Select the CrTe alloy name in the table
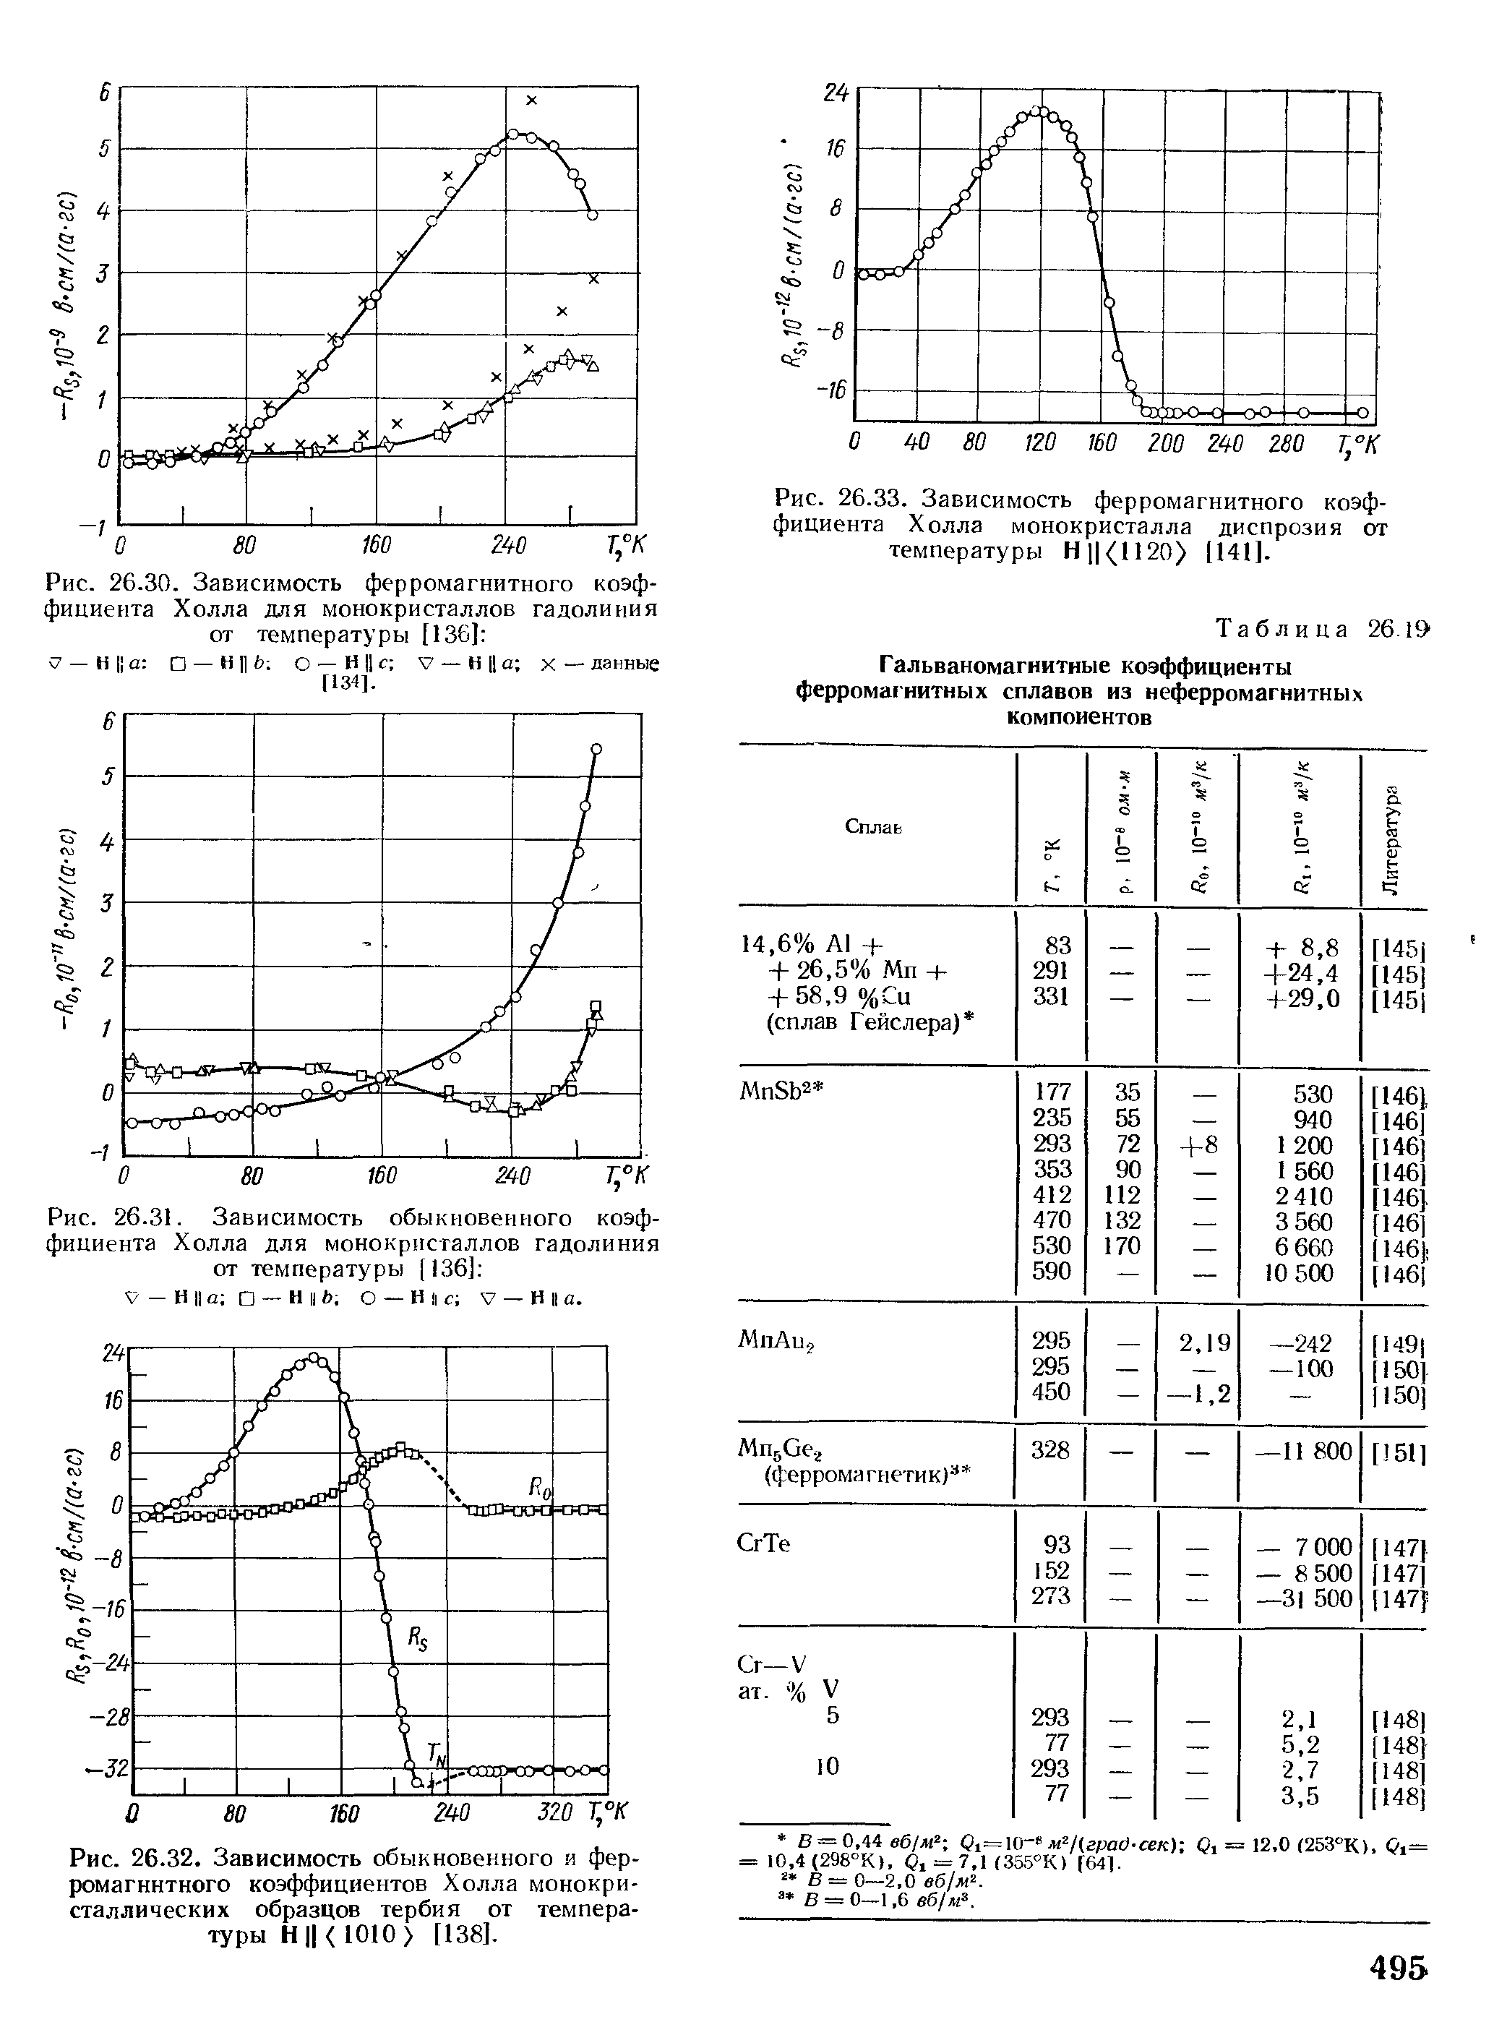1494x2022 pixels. pyautogui.click(x=764, y=1543)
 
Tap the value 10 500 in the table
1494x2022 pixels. pyautogui.click(x=1299, y=1272)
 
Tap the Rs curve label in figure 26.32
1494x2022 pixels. pyautogui.click(x=418, y=1637)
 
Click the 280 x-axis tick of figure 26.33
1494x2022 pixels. pyautogui.click(x=1286, y=444)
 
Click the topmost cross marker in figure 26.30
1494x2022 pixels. pyautogui.click(x=532, y=100)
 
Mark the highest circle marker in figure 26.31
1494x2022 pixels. pyautogui.click(x=596, y=747)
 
